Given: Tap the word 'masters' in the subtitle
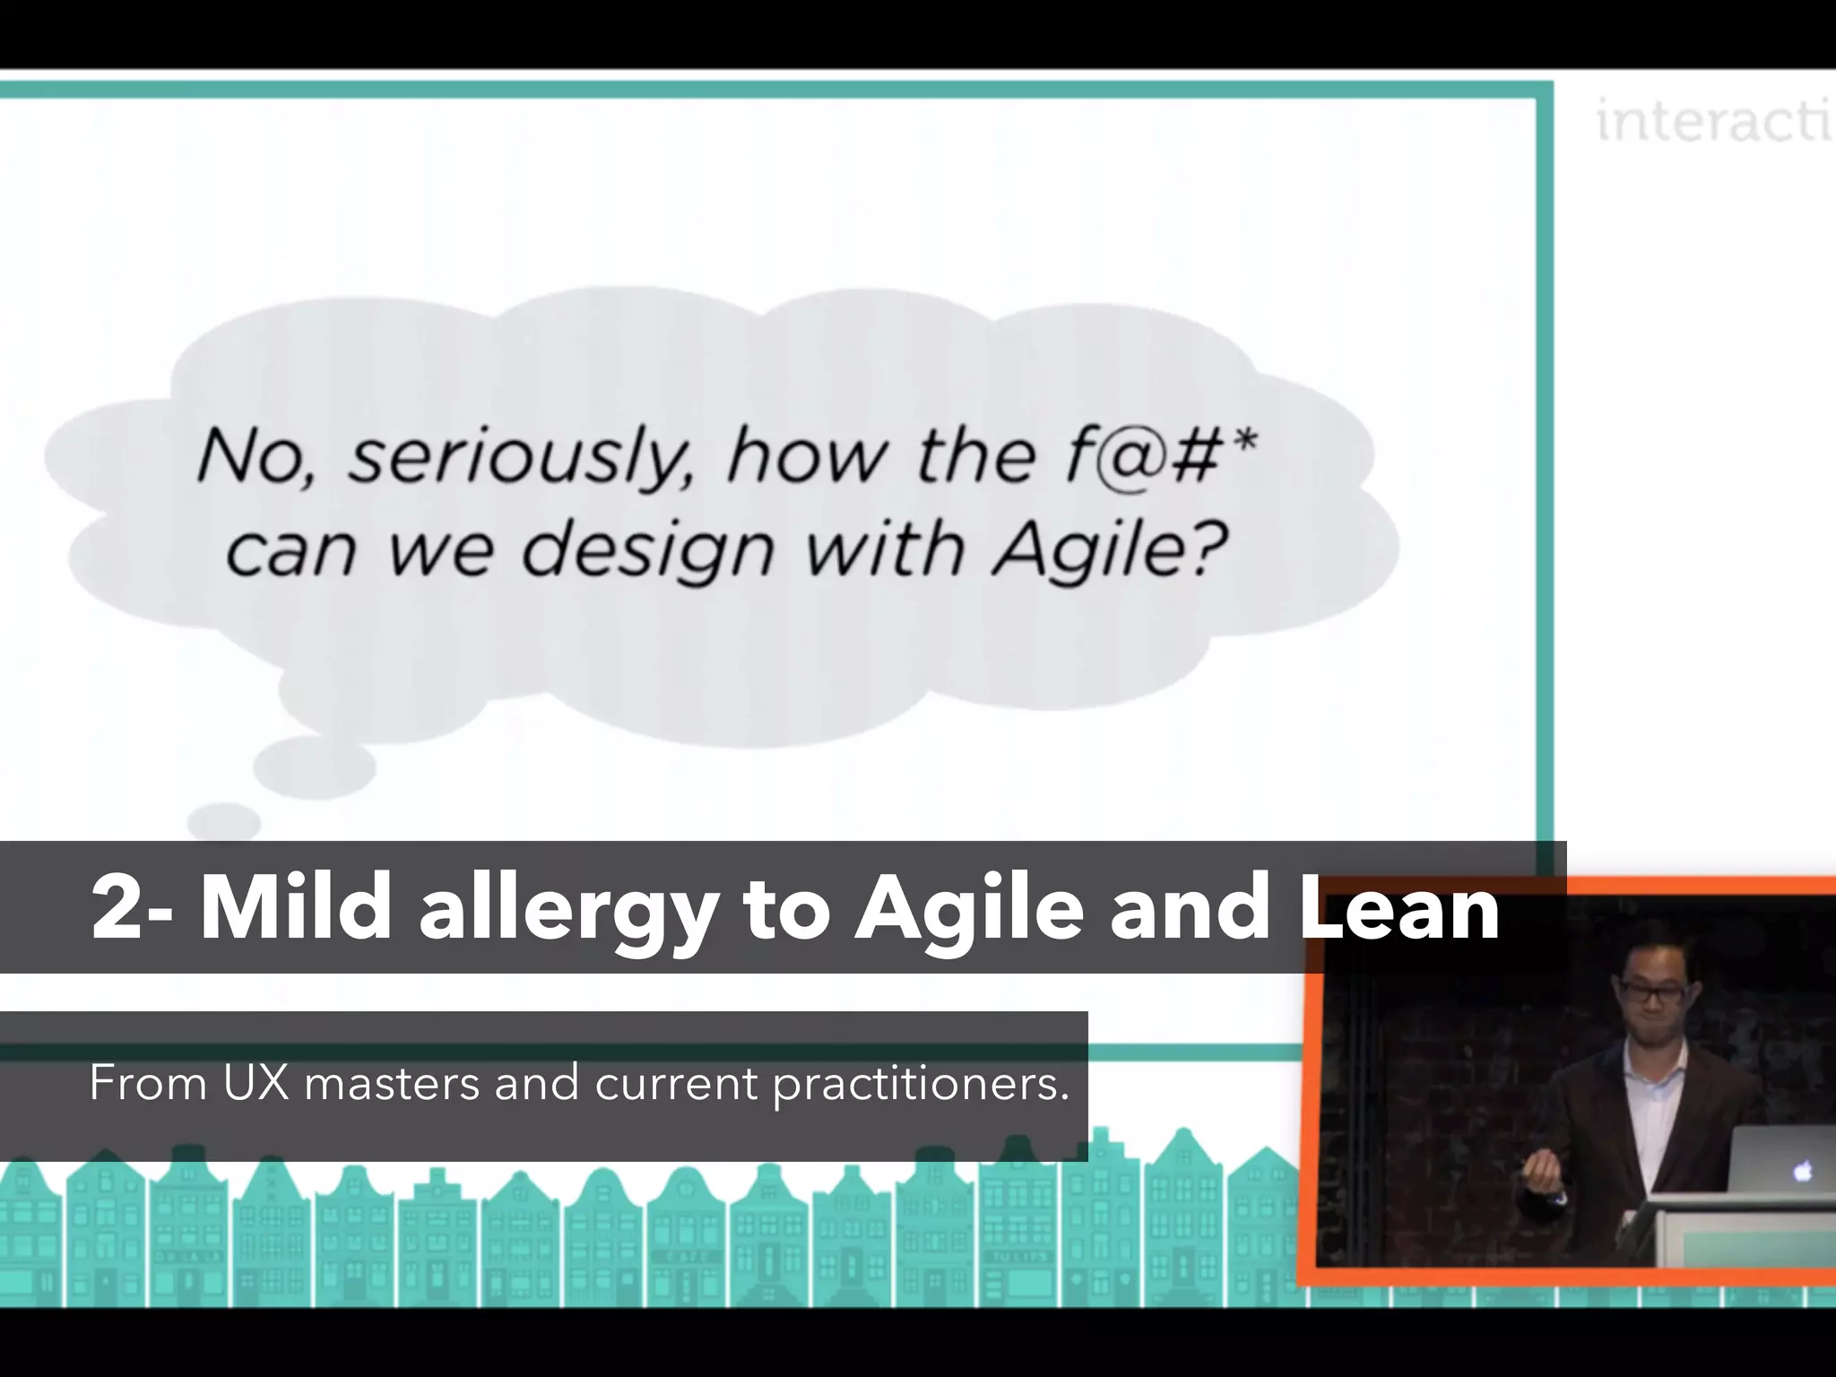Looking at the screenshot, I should [393, 1084].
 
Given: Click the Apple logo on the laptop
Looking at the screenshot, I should [1803, 1169].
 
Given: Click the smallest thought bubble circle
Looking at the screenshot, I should [224, 820].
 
